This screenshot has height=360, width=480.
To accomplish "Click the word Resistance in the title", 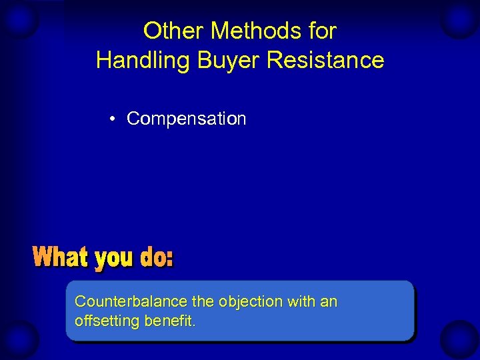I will [325, 60].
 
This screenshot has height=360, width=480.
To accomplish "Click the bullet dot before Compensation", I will [115, 119].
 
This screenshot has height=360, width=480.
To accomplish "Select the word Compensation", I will [186, 119].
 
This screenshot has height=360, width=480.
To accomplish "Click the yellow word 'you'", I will [115, 259].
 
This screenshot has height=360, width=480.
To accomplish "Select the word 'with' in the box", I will [301, 302].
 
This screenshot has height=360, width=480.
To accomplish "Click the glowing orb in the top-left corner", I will [19, 20].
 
